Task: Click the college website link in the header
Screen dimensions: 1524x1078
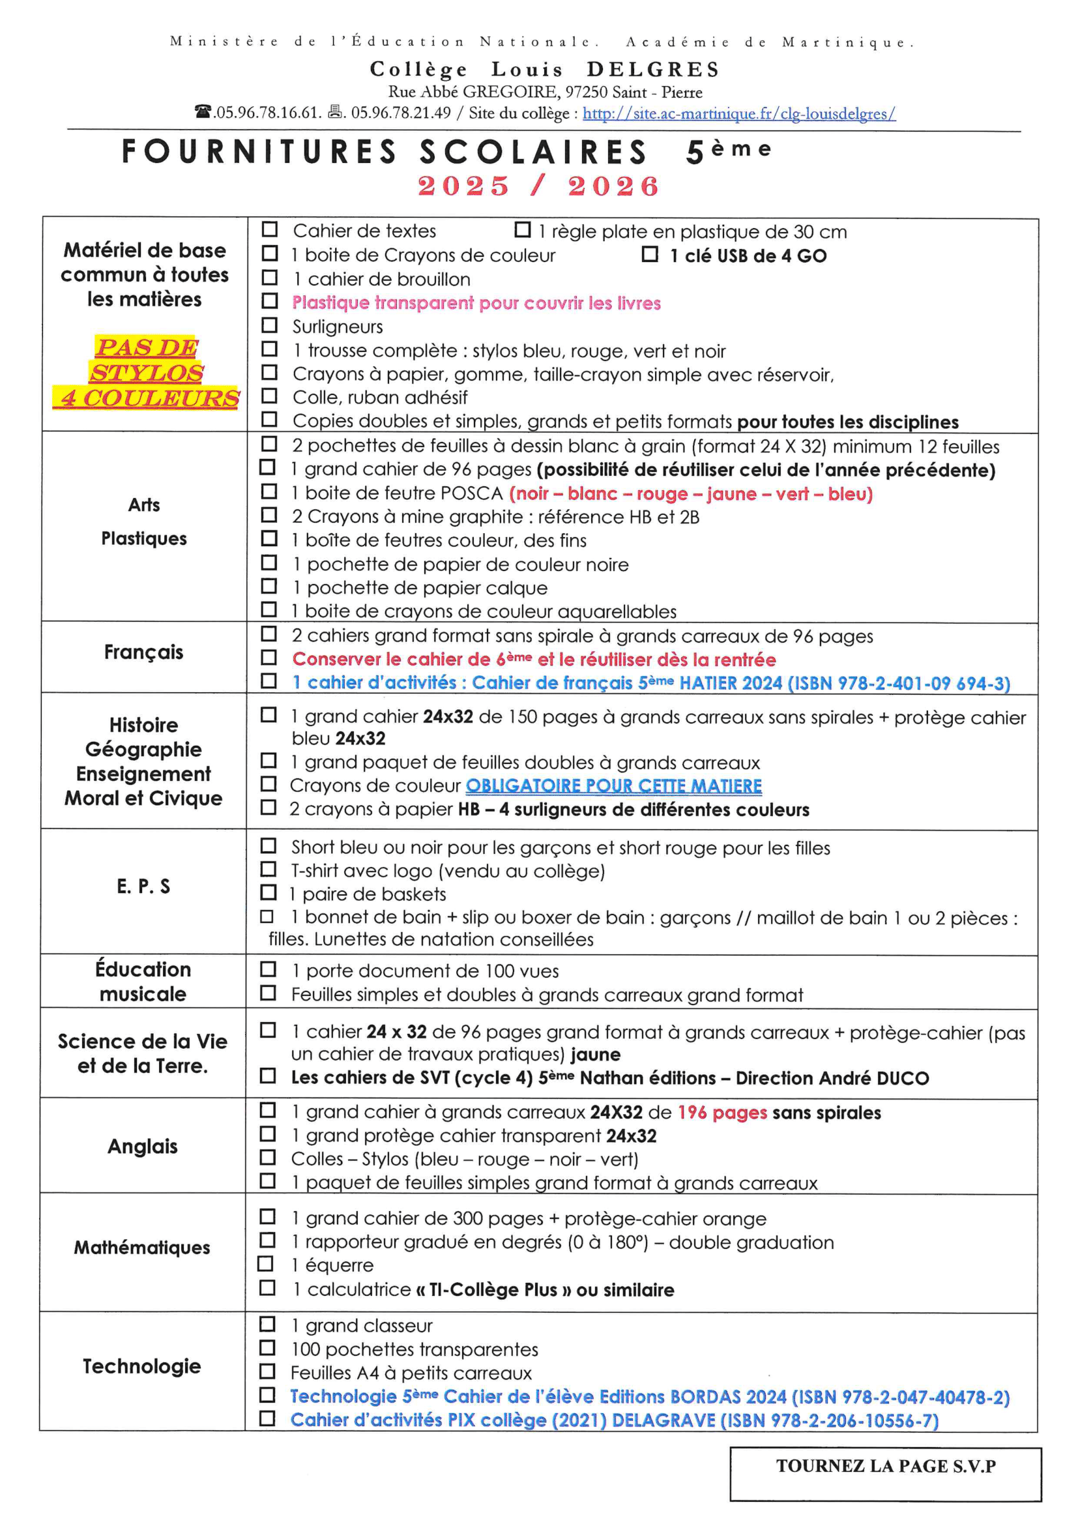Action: click(739, 113)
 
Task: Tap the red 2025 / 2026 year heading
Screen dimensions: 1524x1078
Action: click(538, 186)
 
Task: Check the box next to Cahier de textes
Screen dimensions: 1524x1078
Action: click(270, 229)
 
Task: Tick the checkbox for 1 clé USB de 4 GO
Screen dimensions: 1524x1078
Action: click(650, 254)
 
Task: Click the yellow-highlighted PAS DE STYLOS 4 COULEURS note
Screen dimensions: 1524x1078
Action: click(146, 372)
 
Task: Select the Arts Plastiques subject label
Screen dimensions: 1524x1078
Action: click(144, 521)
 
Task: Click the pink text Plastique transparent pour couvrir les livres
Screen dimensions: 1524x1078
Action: click(476, 302)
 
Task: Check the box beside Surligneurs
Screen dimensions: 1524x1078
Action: click(270, 325)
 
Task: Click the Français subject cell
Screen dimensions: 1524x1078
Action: click(143, 652)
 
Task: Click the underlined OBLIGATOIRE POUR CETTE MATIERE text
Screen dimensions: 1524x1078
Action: click(613, 786)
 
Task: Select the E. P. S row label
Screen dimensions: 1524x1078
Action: click(143, 886)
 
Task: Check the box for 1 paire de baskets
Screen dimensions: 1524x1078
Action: click(268, 893)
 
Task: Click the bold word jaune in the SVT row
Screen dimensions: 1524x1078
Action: click(596, 1054)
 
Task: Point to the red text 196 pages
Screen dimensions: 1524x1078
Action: click(722, 1113)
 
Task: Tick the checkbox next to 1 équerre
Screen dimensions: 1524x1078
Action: click(265, 1264)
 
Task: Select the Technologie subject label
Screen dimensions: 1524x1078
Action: click(141, 1366)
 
